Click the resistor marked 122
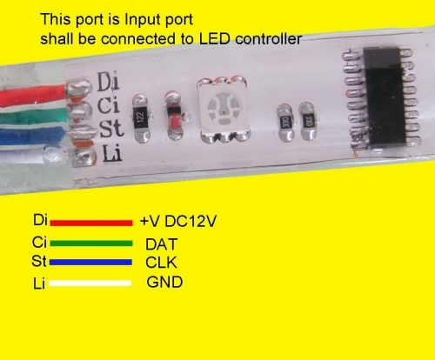point(141,118)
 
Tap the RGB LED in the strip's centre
point(223,110)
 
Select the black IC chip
point(383,98)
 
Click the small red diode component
point(176,116)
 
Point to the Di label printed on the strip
point(108,82)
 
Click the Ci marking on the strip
point(109,105)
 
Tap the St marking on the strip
point(111,129)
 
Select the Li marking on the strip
point(112,153)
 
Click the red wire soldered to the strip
point(33,95)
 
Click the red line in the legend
point(91,223)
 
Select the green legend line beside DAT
point(91,243)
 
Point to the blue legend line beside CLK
point(90,263)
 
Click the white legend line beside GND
point(90,283)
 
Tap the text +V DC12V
point(178,222)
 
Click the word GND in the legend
point(164,282)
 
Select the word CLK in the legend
point(161,263)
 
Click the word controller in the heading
point(269,39)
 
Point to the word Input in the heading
point(138,20)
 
